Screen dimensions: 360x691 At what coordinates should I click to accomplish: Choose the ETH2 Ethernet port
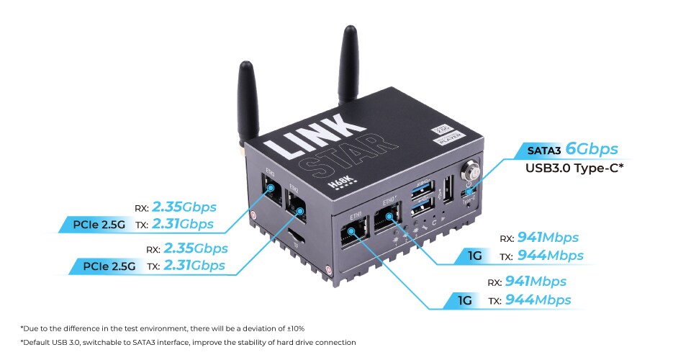pyautogui.click(x=297, y=209)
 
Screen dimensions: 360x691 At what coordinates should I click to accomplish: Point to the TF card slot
pyautogui.click(x=294, y=235)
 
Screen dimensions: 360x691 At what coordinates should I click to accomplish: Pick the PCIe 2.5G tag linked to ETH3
pyautogui.click(x=104, y=225)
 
